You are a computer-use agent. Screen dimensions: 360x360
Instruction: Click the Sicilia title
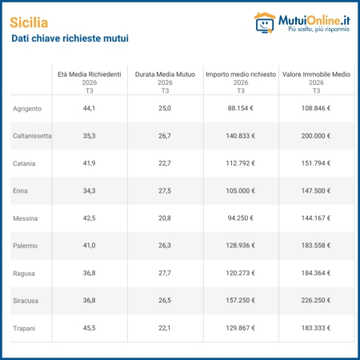coord(29,22)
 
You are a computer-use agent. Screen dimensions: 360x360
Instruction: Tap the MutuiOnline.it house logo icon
coord(265,23)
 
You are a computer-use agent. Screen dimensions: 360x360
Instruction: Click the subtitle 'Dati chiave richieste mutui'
coord(70,38)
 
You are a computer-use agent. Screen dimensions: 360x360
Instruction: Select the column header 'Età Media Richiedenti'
coord(90,74)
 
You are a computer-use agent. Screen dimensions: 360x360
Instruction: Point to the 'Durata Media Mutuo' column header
coord(165,74)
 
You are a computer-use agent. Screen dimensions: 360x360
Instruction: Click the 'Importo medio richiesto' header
coord(241,74)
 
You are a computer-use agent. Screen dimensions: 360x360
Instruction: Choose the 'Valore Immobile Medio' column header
coord(316,74)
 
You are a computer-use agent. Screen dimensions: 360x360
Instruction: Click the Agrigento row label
coord(27,109)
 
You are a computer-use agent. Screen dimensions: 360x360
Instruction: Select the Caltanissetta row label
coord(32,136)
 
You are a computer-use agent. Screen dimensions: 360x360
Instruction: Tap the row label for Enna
coord(20,191)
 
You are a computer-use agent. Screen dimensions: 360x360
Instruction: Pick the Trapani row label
coord(24,328)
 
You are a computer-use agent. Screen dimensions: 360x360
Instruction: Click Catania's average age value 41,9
coord(89,163)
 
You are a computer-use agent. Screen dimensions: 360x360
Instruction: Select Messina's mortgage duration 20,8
coord(165,218)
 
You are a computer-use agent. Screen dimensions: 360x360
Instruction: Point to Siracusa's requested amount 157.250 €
coord(241,300)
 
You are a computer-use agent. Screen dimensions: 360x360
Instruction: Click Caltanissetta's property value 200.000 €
coord(316,136)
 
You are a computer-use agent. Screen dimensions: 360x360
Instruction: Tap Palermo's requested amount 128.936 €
coord(241,246)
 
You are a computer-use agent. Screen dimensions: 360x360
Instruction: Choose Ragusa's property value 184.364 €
coord(316,273)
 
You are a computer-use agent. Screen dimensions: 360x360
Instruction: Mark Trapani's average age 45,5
coord(89,328)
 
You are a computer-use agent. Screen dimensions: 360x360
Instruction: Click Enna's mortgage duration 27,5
coord(165,191)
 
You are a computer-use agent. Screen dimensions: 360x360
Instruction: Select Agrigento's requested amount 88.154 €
coord(241,108)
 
